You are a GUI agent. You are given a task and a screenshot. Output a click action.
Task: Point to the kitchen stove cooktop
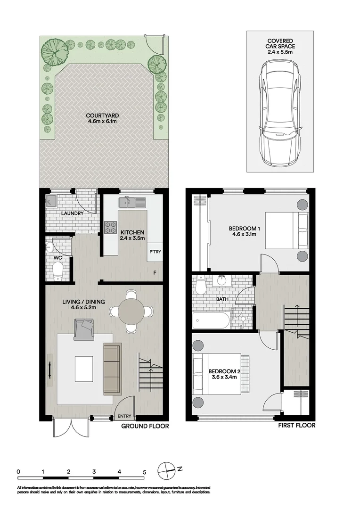110,227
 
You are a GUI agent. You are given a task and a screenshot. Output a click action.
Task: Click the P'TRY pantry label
155,252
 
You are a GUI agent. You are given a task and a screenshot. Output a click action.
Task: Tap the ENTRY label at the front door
124,416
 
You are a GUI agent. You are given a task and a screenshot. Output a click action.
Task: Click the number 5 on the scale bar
145,471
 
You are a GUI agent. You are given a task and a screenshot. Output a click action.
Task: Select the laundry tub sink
51,202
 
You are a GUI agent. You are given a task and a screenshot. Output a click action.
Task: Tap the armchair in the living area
84,328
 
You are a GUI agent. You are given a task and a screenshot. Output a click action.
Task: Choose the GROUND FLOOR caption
145,426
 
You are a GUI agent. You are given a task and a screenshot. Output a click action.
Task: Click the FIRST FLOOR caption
296,426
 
